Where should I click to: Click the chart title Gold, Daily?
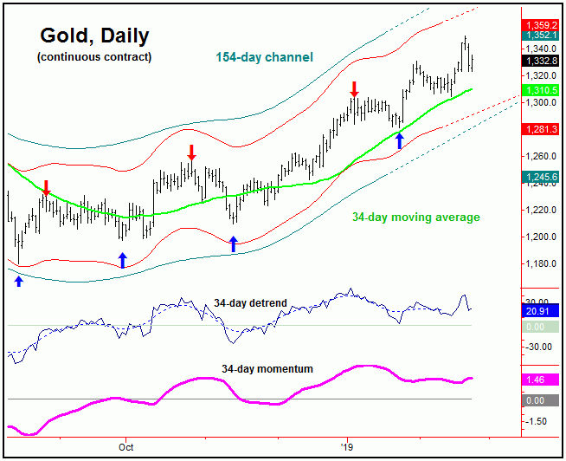coord(94,36)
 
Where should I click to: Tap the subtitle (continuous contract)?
coord(94,57)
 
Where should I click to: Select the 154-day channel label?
coord(264,57)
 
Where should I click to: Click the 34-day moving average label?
coord(415,217)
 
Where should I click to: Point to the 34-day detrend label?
coord(250,303)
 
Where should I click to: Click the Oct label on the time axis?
coord(126,448)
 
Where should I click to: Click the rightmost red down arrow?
coord(354,88)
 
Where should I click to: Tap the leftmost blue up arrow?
coord(19,280)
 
